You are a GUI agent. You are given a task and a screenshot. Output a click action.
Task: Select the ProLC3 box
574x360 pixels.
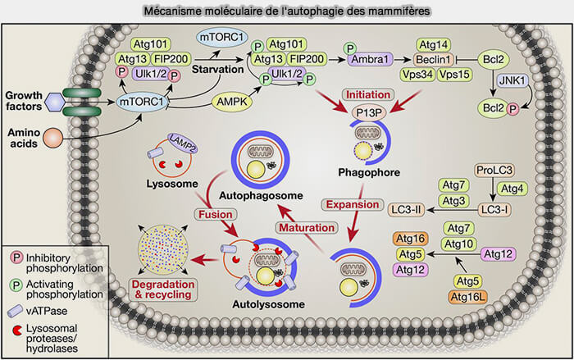pos(494,171)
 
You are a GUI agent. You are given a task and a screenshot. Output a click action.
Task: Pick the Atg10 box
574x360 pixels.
pos(459,244)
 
